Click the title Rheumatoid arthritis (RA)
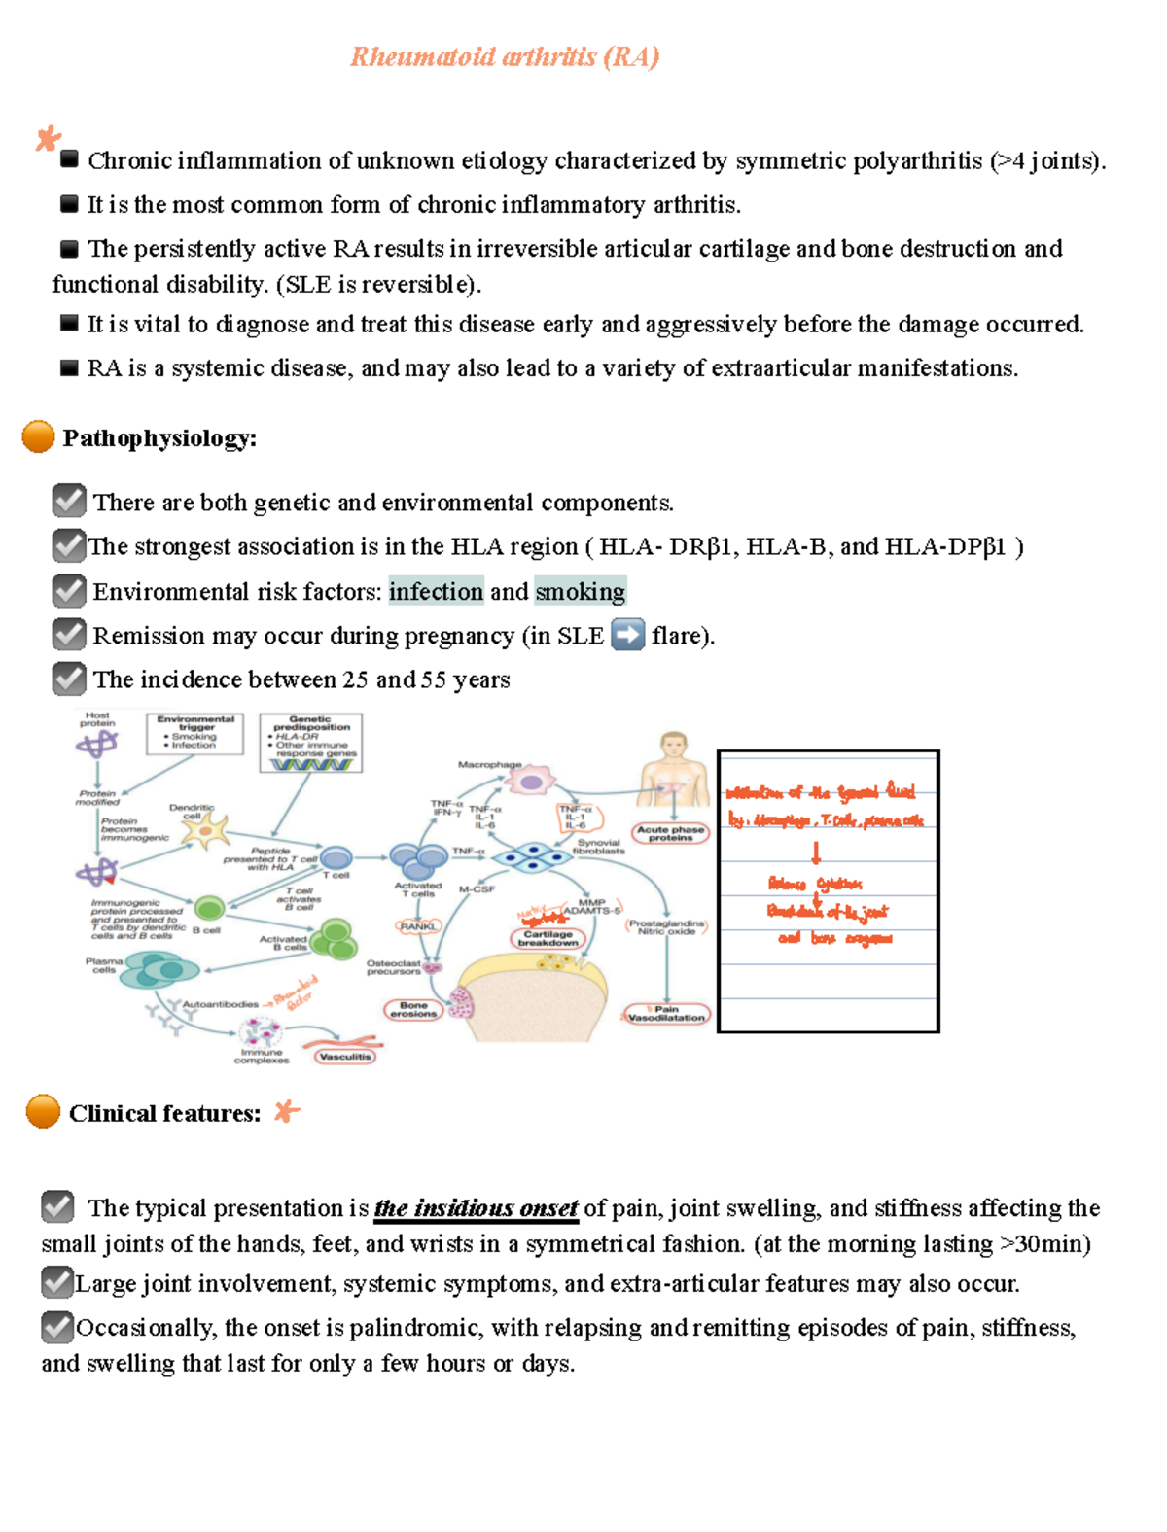[505, 56]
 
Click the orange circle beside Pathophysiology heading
[39, 436]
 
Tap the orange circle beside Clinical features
[43, 1110]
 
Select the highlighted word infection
[436, 591]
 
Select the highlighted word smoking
[581, 591]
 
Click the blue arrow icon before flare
[627, 635]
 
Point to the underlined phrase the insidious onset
[477, 1208]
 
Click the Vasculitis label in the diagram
[344, 1056]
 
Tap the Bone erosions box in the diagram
[413, 1010]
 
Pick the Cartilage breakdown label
[548, 938]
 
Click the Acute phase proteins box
[670, 833]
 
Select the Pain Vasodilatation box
[666, 1014]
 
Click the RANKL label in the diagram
[418, 926]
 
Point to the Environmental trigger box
[195, 733]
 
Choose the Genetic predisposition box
[311, 742]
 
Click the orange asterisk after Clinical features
[286, 1111]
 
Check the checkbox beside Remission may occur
[68, 635]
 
